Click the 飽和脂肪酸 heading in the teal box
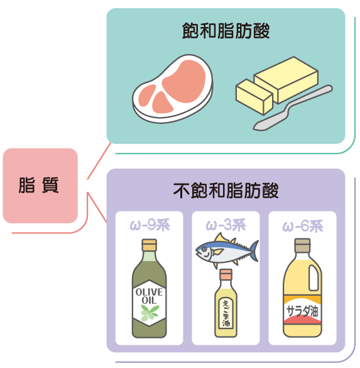tap(226, 31)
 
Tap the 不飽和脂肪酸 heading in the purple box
tap(226, 191)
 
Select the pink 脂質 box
tap(40, 186)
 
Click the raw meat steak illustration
tap(173, 89)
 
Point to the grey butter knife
tap(293, 108)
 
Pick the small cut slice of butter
tap(254, 97)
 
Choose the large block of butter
tap(286, 80)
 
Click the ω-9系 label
tap(150, 225)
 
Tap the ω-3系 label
tap(226, 225)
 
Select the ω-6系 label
tap(303, 226)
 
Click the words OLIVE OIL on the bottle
tap(149, 296)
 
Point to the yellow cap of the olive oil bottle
tap(149, 245)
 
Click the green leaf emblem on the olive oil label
tap(150, 313)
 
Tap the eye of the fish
tap(205, 248)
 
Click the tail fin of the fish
tap(255, 250)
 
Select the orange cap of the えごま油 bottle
tap(226, 274)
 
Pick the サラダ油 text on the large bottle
tap(302, 311)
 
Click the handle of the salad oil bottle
tap(314, 278)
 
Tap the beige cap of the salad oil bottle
tap(302, 245)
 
